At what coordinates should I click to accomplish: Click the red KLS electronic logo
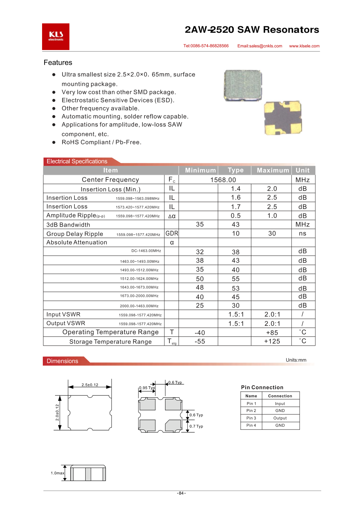[x=56, y=37]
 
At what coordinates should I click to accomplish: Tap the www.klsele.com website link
[x=304, y=46]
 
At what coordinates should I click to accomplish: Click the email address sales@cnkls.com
[x=260, y=46]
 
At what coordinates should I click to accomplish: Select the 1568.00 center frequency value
[x=223, y=180]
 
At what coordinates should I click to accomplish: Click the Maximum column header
[x=273, y=171]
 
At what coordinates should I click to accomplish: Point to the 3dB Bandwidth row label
[x=68, y=225]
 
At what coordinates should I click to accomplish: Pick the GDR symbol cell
[x=172, y=233]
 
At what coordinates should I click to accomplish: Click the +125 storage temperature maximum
[x=272, y=341]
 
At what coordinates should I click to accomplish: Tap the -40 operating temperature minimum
[x=200, y=333]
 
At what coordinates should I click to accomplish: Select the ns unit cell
[x=302, y=233]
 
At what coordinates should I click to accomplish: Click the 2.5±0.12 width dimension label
[x=90, y=385]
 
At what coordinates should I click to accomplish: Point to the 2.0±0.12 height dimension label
[x=57, y=413]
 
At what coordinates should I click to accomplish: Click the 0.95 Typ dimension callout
[x=147, y=388]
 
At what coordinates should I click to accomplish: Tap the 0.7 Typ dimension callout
[x=196, y=426]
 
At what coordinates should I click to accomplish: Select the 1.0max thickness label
[x=58, y=473]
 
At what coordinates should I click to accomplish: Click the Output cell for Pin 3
[x=280, y=418]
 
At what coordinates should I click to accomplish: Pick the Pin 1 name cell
[x=251, y=404]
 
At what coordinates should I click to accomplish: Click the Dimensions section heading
[x=63, y=361]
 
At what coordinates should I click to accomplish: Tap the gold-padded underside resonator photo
[x=283, y=118]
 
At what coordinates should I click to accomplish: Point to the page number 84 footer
[x=181, y=493]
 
